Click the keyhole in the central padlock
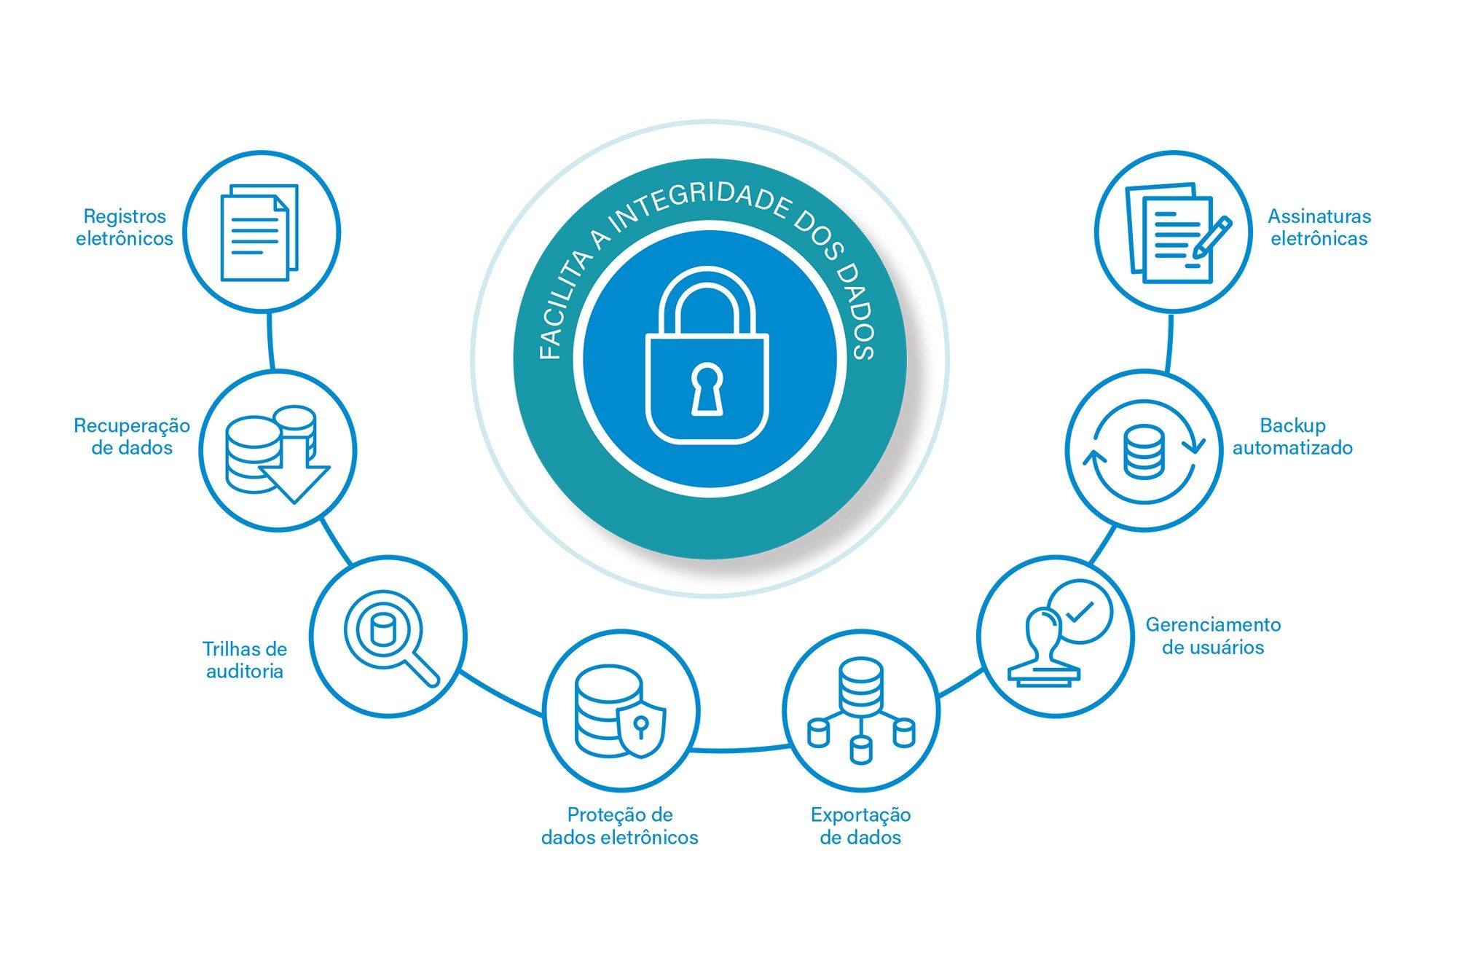coord(707,390)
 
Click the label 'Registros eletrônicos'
coord(125,227)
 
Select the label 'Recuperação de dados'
coord(132,436)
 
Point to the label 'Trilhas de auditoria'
coord(245,660)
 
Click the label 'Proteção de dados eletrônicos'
coord(620,826)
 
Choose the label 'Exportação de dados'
coord(860,826)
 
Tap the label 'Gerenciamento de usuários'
coord(1213,636)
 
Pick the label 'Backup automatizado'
coord(1292,436)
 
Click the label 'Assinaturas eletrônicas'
coord(1319,227)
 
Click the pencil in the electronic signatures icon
coord(1211,237)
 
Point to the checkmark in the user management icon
coord(1080,611)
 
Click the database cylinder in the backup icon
coord(1144,452)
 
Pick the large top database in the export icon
coord(860,685)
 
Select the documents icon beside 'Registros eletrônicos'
coord(259,232)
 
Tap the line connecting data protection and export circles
coord(739,749)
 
